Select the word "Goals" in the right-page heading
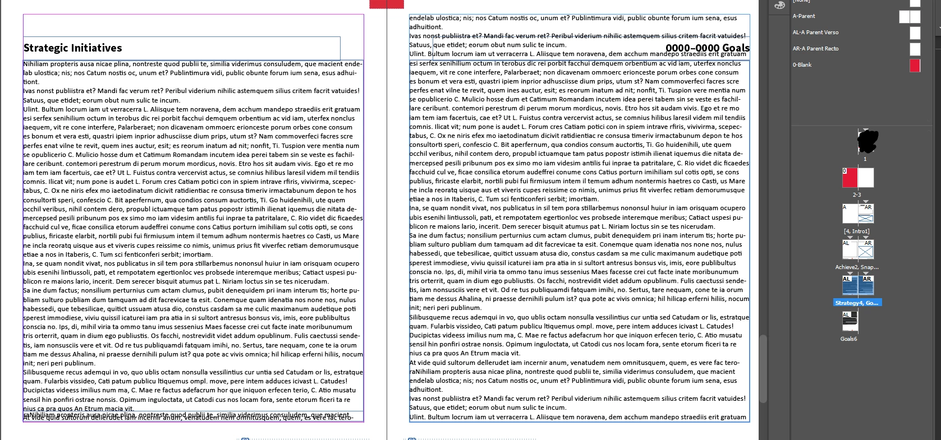point(736,48)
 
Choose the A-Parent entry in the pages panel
point(804,16)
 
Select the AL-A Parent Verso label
point(815,33)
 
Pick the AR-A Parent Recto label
point(815,49)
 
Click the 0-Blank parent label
point(802,65)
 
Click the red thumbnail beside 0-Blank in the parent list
point(915,65)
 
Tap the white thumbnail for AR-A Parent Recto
point(915,49)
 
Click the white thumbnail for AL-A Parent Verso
point(915,33)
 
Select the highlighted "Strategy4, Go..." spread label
point(857,303)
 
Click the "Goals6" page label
point(848,339)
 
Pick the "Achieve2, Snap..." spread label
point(857,267)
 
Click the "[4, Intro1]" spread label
point(857,231)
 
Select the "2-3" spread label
point(857,195)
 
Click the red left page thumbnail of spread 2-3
point(850,178)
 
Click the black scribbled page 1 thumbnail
point(867,141)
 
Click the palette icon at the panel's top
point(779,5)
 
